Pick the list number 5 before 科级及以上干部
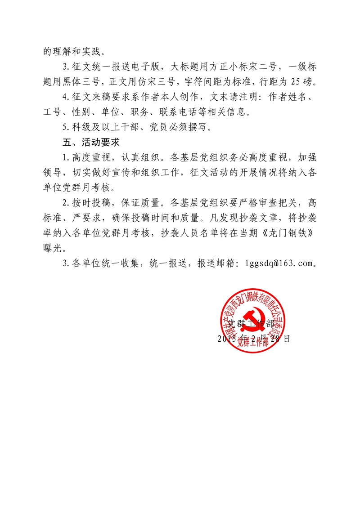[65, 128]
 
